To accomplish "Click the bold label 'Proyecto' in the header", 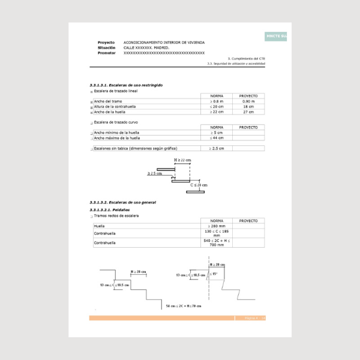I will pyautogui.click(x=106, y=42).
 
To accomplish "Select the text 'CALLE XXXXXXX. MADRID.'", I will pyautogui.click(x=148, y=47).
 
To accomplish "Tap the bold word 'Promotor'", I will pyautogui.click(x=107, y=53).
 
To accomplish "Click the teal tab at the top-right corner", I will pyautogui.click(x=276, y=36).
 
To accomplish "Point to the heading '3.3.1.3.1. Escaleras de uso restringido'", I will pyautogui.click(x=126, y=85).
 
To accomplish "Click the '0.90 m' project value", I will pyautogui.click(x=248, y=101).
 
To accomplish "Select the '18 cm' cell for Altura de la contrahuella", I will pyautogui.click(x=248, y=107).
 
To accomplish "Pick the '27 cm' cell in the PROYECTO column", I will pyautogui.click(x=248, y=112).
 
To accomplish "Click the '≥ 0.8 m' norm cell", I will pyautogui.click(x=217, y=101).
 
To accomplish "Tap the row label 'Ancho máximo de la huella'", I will pyautogui.click(x=117, y=137).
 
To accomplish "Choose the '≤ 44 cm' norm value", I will pyautogui.click(x=217, y=137).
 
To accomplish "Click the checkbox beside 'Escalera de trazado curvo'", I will pyautogui.click(x=92, y=122).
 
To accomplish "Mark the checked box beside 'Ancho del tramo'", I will pyautogui.click(x=92, y=102).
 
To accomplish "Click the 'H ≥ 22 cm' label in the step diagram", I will pyautogui.click(x=182, y=160).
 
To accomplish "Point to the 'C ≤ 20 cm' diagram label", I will pyautogui.click(x=199, y=185).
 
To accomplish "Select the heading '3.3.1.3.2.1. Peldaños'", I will pyautogui.click(x=109, y=210).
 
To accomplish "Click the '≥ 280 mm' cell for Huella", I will pyautogui.click(x=217, y=226).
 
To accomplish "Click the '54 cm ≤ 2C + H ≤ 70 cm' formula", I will pyautogui.click(x=184, y=306).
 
